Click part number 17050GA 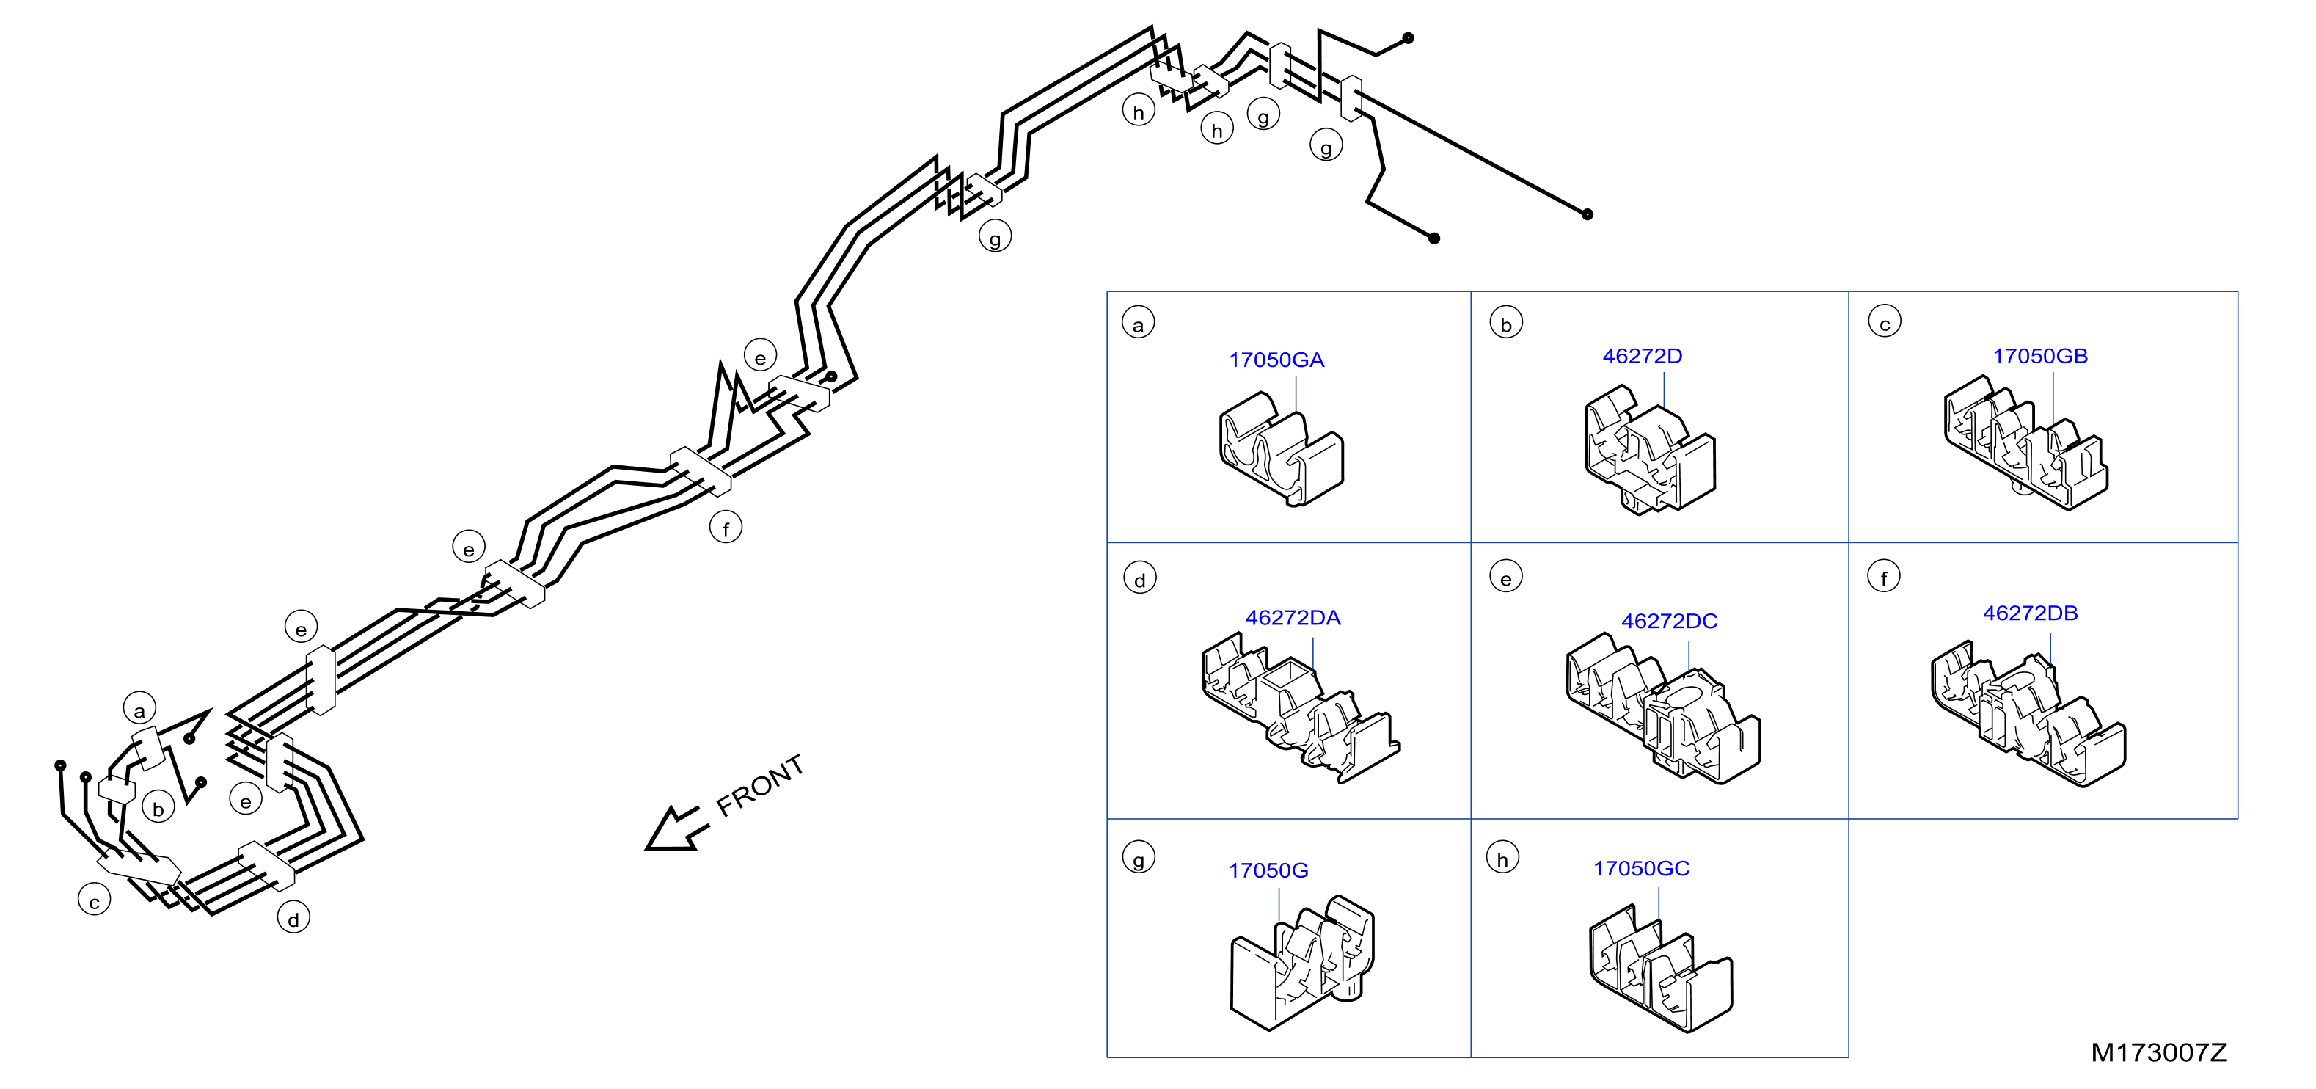pyautogui.click(x=1276, y=360)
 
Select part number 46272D pyautogui.click(x=1642, y=356)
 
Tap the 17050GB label pyautogui.click(x=2040, y=356)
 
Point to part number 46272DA pyautogui.click(x=1293, y=618)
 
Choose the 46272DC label pyautogui.click(x=1669, y=622)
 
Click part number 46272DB pyautogui.click(x=2030, y=613)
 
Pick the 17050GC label pyautogui.click(x=1642, y=869)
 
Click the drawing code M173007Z pyautogui.click(x=2159, y=1052)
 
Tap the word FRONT pyautogui.click(x=760, y=785)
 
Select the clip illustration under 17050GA pyautogui.click(x=1281, y=448)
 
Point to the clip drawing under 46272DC pyautogui.click(x=1663, y=710)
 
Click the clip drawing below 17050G pyautogui.click(x=1302, y=963)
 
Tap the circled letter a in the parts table pyautogui.click(x=1139, y=324)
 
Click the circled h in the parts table pyautogui.click(x=1502, y=858)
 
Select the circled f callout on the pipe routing pyautogui.click(x=726, y=528)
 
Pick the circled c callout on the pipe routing pyautogui.click(x=95, y=900)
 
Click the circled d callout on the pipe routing pyautogui.click(x=293, y=918)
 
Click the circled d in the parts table pyautogui.click(x=1140, y=579)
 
